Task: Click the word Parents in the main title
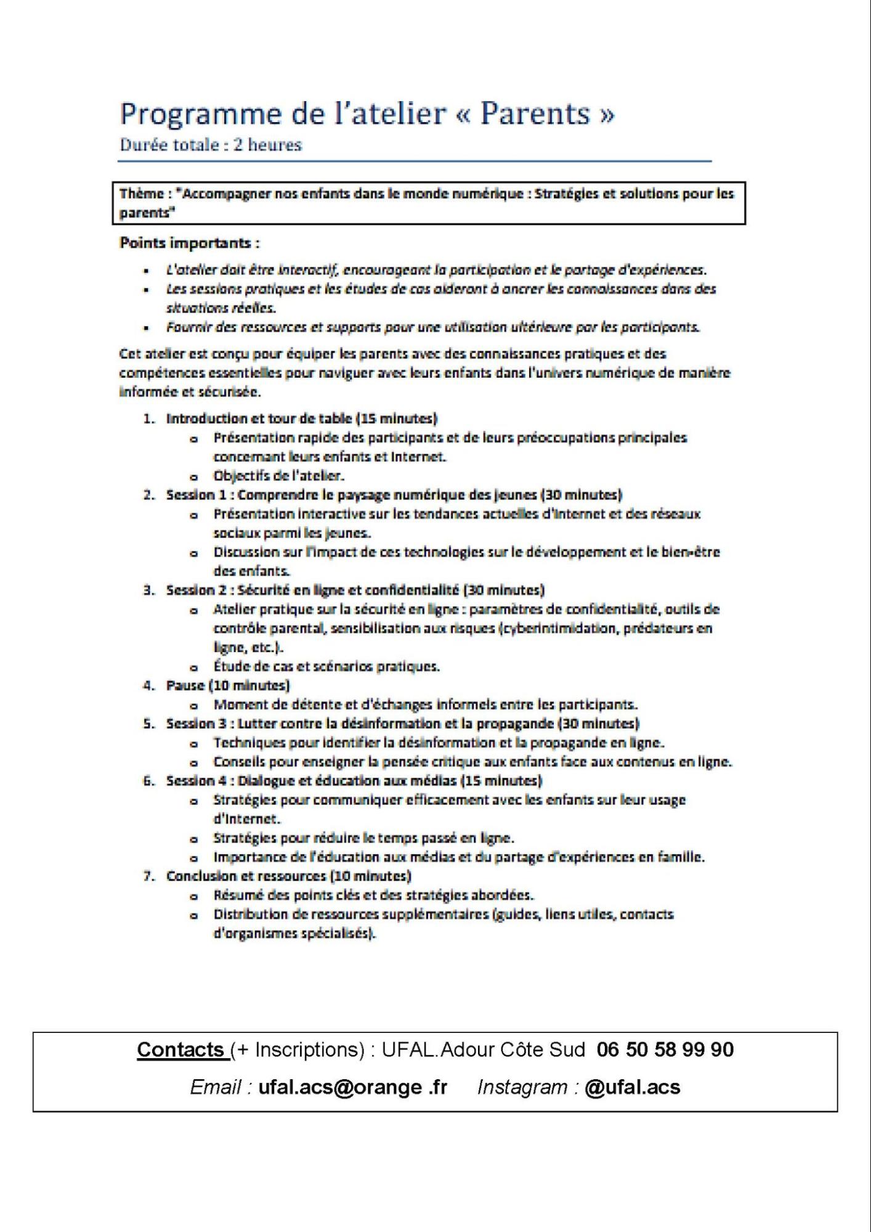(x=535, y=114)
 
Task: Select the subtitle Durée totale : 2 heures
(x=211, y=145)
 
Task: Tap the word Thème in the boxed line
(x=141, y=194)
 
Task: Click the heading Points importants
(x=189, y=243)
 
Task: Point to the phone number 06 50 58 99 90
(x=665, y=1050)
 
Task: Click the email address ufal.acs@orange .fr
(x=352, y=1087)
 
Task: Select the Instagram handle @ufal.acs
(x=632, y=1087)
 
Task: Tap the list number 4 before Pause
(x=148, y=685)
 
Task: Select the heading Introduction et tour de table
(x=259, y=418)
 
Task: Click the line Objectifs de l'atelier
(x=278, y=476)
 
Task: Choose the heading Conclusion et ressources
(x=246, y=876)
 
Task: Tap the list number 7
(x=148, y=876)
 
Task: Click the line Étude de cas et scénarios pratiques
(x=326, y=666)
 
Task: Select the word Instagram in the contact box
(x=522, y=1087)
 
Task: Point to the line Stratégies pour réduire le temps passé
(x=363, y=838)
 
